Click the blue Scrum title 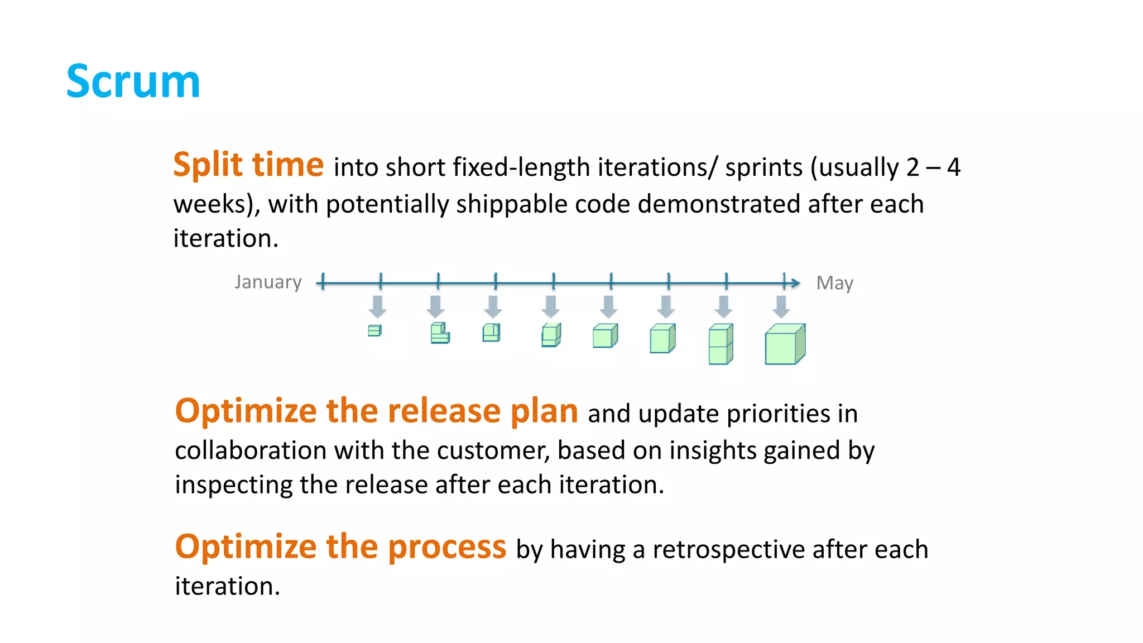[133, 81]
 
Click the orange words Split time [248, 165]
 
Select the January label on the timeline [268, 282]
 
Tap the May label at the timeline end [834, 283]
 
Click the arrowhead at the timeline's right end [796, 283]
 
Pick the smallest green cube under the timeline [374, 330]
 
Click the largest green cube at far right [784, 344]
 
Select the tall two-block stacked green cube [720, 344]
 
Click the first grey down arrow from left [378, 306]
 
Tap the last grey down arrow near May [781, 306]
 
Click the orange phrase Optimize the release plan [376, 411]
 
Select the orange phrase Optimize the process [340, 547]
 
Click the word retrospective [728, 550]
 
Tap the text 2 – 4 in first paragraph [933, 167]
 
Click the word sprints [763, 167]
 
